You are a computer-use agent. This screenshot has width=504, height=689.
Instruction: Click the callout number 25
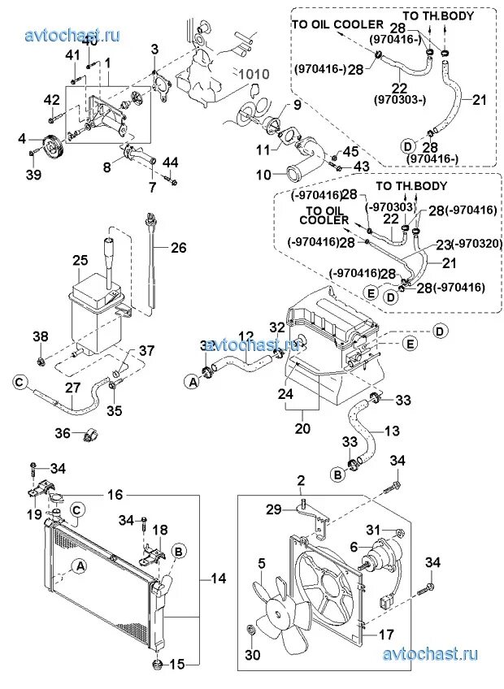pos(80,261)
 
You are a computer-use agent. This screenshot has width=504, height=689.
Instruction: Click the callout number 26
pos(178,248)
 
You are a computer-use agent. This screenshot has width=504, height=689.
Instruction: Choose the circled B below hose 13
pos(336,472)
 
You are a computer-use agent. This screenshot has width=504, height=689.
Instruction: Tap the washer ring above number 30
pos(251,630)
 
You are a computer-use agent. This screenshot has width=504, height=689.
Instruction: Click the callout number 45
pos(350,152)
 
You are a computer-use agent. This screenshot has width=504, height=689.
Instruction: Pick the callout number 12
pos(246,336)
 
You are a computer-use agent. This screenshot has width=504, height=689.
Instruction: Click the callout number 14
pos(219,578)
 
